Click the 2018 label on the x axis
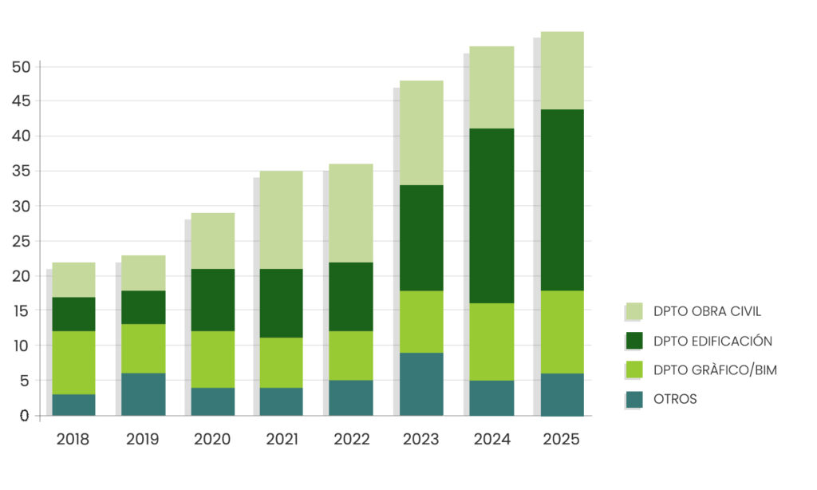point(73,440)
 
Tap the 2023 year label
point(420,440)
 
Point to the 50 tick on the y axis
point(21,67)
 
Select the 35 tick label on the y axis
point(21,172)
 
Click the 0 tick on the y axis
point(25,416)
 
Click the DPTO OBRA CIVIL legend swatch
point(634,311)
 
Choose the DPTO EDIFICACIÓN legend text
point(712,341)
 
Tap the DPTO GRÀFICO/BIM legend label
point(715,370)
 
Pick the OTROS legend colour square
point(634,399)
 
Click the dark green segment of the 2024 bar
point(491,215)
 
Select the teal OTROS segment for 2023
point(420,384)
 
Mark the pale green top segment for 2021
point(281,219)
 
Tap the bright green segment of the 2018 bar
point(73,362)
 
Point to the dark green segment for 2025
point(561,200)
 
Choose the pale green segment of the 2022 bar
point(351,213)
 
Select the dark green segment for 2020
point(212,300)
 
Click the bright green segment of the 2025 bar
point(561,332)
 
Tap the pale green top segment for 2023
point(420,132)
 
